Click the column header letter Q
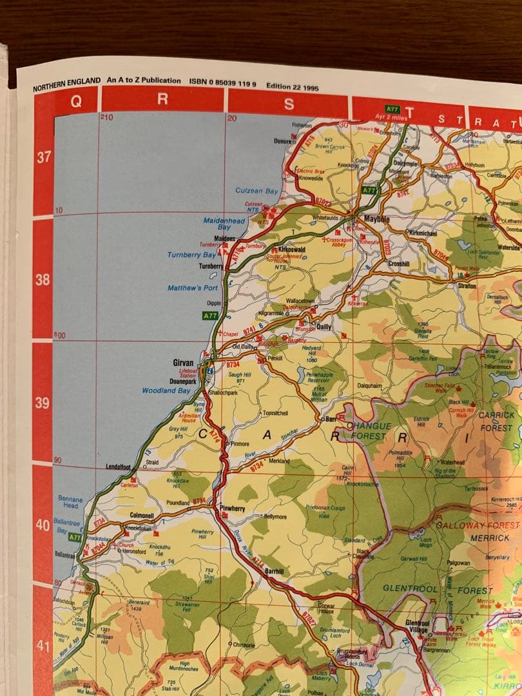[x=75, y=101]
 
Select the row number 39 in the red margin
[x=43, y=403]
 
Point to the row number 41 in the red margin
[x=43, y=646]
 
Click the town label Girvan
[x=183, y=363]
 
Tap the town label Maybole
[x=378, y=219]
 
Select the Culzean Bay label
[x=256, y=191]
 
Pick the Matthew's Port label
[x=193, y=288]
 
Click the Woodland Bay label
[x=166, y=391]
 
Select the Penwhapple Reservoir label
[x=320, y=377]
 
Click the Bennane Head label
[x=70, y=503]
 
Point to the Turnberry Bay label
[x=191, y=255]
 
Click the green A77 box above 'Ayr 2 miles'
[x=392, y=110]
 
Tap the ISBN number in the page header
[x=223, y=81]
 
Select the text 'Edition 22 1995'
[x=291, y=86]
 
